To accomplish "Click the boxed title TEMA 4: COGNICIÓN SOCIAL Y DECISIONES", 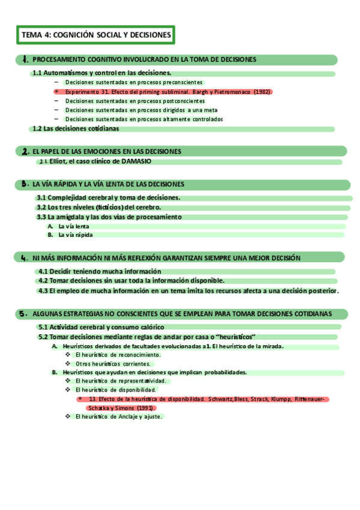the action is click(x=96, y=35).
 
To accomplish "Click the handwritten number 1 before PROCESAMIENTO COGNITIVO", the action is click(x=25, y=60).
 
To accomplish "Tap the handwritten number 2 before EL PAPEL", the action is click(x=25, y=152).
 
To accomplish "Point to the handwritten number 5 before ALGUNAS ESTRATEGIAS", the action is click(x=23, y=313).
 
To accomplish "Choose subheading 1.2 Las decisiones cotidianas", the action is click(x=76, y=129).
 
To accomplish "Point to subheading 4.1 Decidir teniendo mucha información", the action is click(x=99, y=271).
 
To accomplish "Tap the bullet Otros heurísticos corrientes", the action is click(x=112, y=364).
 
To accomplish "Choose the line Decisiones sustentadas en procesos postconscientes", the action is click(x=135, y=101).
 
